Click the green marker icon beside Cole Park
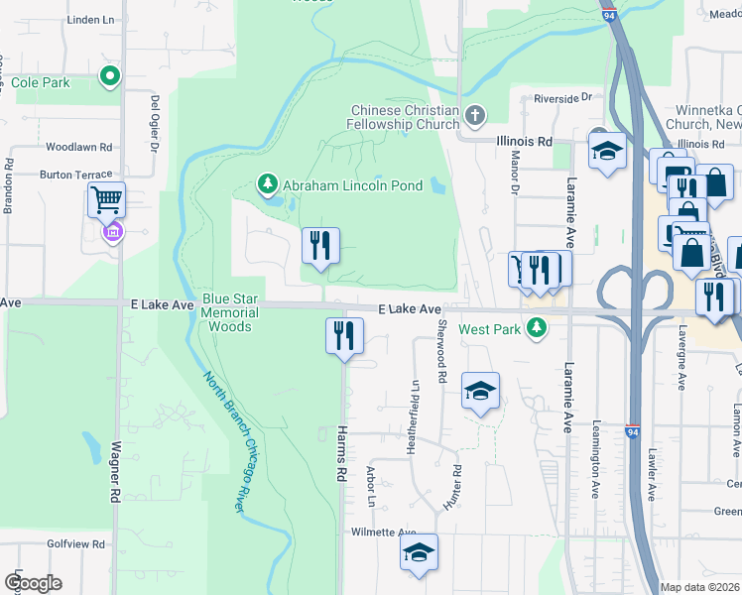pyautogui.click(x=109, y=76)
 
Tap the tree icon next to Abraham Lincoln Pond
pyautogui.click(x=267, y=184)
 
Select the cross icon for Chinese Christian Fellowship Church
pyautogui.click(x=475, y=117)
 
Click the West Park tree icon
pyautogui.click(x=537, y=327)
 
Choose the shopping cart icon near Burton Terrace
pyautogui.click(x=106, y=199)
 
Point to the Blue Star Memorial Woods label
pyautogui.click(x=230, y=311)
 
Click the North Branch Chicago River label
pyautogui.click(x=225, y=441)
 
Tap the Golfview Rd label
pyautogui.click(x=75, y=544)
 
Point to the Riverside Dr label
pyautogui.click(x=561, y=97)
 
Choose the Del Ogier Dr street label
pyautogui.click(x=155, y=124)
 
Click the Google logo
pyautogui.click(x=32, y=583)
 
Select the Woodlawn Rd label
pyautogui.click(x=78, y=147)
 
